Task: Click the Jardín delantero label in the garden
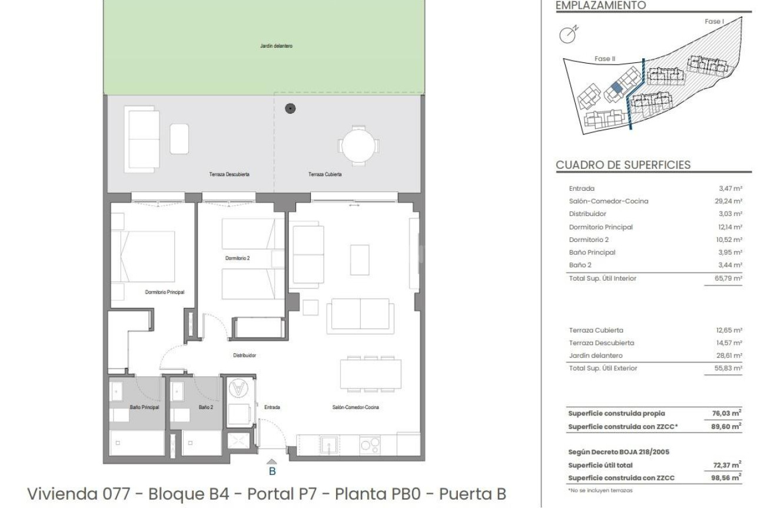276,46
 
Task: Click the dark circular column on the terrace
290,108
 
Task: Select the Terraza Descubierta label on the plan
229,174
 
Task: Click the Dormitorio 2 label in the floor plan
237,258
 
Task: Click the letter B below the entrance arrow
272,471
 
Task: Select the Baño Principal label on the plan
144,407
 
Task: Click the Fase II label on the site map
604,58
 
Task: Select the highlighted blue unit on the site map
616,88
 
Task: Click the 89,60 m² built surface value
728,426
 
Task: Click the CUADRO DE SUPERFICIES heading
623,165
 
